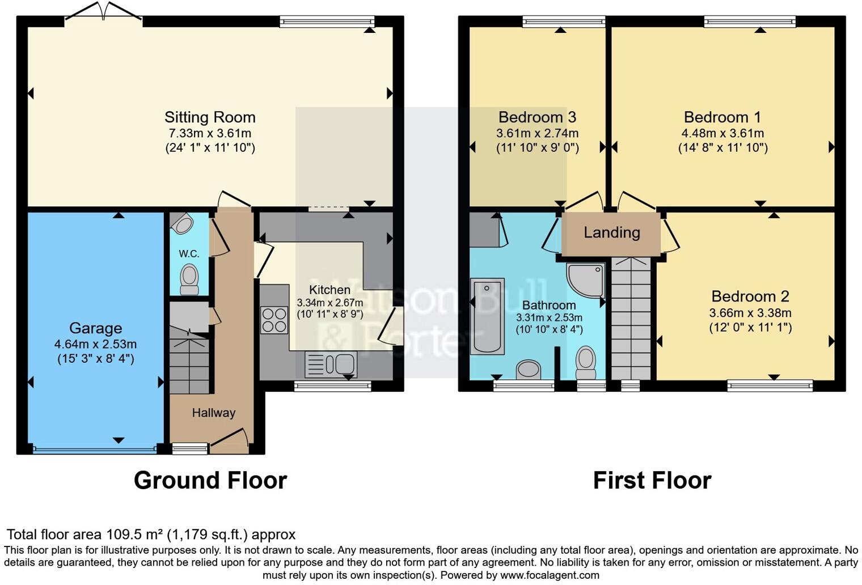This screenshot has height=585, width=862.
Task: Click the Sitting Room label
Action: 210,117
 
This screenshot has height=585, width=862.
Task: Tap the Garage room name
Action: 95,328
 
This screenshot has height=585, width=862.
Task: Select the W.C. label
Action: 189,253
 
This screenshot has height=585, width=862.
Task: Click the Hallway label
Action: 213,413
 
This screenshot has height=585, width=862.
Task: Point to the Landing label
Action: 612,232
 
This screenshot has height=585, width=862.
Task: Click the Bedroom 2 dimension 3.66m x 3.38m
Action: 750,313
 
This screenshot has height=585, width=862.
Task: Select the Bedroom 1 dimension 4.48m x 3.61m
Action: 722,134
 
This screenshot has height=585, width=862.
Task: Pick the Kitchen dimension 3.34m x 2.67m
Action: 329,303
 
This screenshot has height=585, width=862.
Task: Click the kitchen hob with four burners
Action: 273,320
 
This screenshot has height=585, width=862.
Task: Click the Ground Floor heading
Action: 210,481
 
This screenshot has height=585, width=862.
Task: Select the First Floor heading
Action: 652,481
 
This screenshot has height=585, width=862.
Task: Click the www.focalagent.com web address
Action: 550,575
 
